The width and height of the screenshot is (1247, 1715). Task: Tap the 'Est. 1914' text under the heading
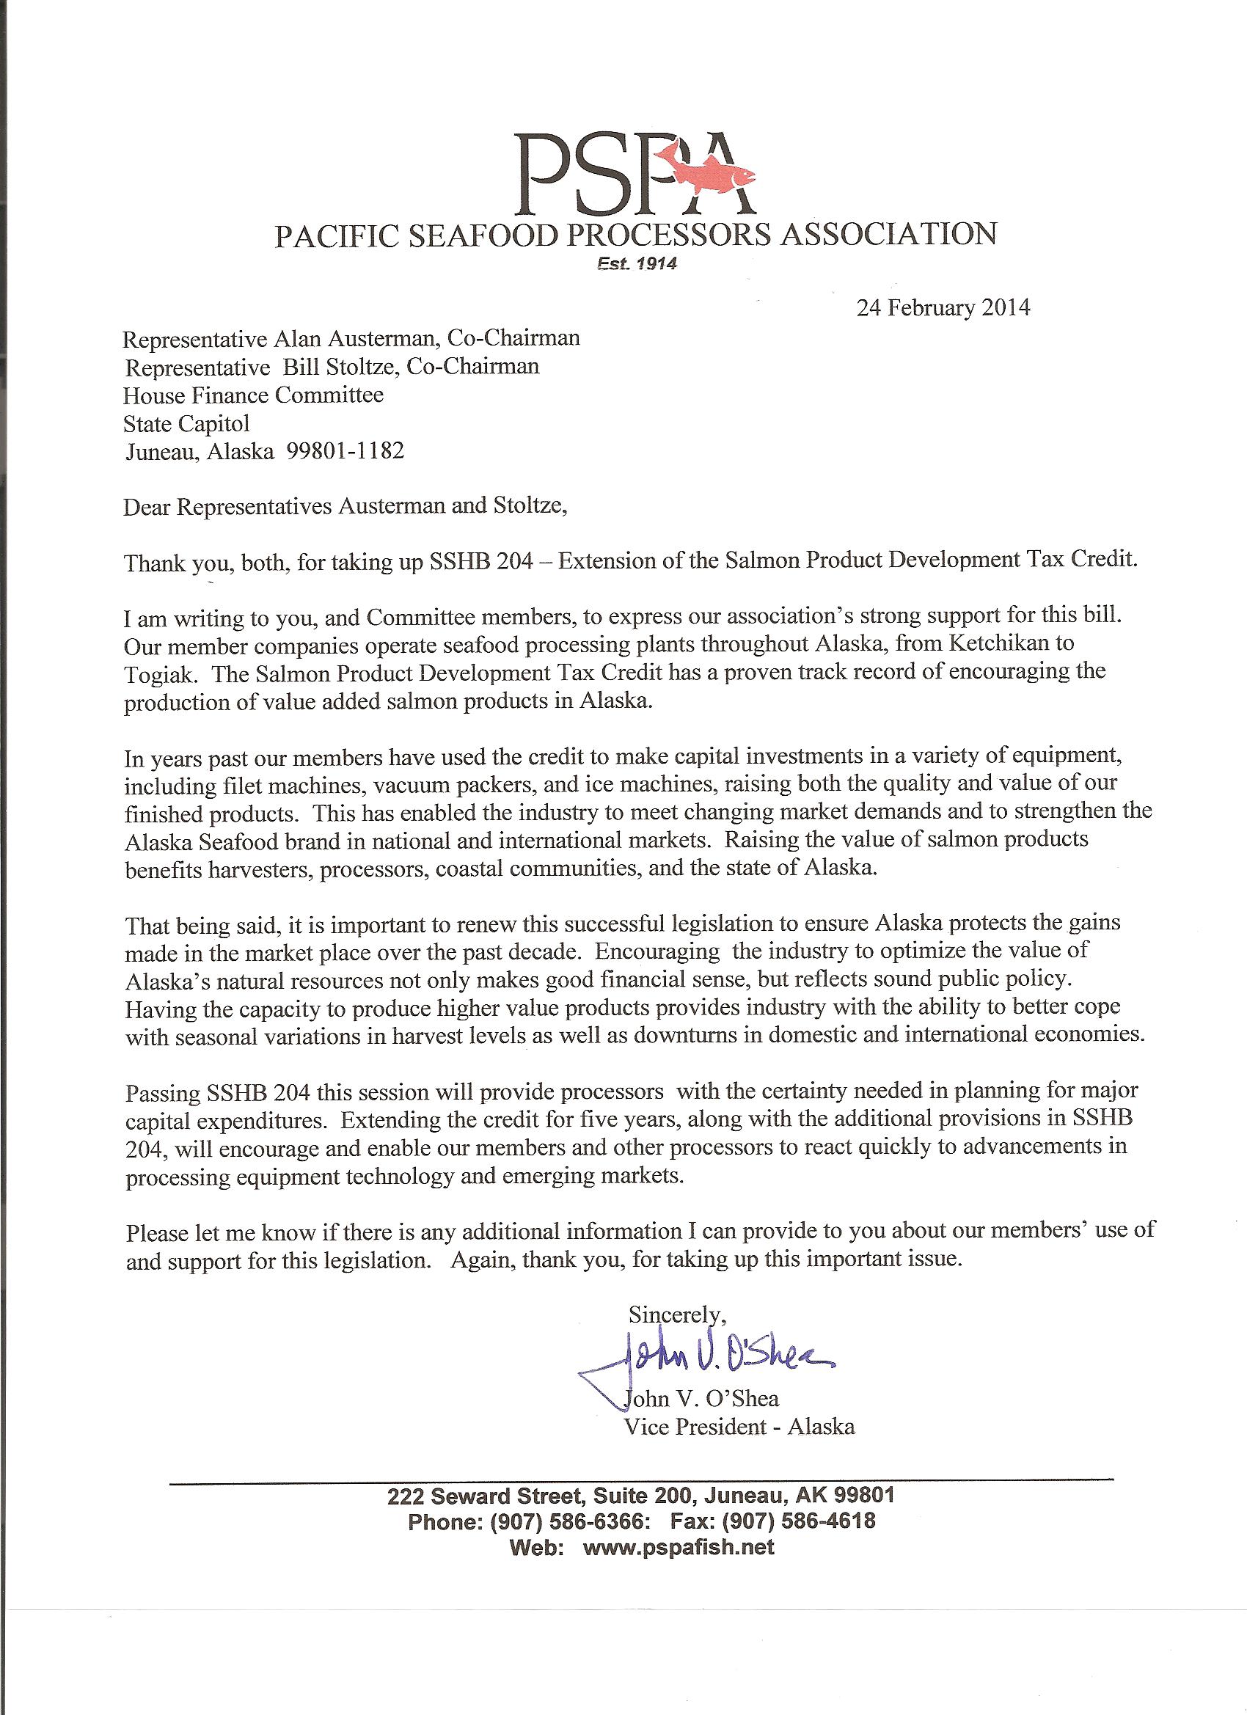coord(635,264)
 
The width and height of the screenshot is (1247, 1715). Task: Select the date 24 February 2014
coord(943,308)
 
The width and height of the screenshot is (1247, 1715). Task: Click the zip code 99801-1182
coord(345,451)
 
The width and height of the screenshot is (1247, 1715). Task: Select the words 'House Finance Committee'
coord(253,395)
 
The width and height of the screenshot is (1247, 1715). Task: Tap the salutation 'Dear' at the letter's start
coord(147,506)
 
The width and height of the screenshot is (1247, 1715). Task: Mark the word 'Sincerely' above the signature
coord(676,1314)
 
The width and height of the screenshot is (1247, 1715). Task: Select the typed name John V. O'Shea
coord(701,1398)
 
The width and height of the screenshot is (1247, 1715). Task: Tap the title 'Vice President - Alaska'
coord(739,1427)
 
